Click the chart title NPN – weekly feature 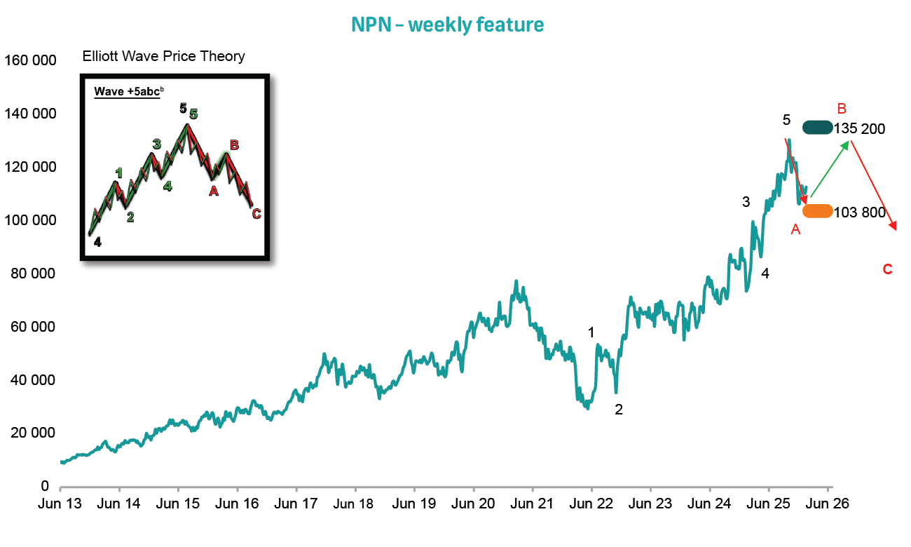447,25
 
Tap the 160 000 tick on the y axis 30,60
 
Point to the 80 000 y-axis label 33,273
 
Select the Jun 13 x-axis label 60,504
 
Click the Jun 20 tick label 473,504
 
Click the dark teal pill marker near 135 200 817,128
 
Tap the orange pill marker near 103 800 817,211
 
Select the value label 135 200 860,129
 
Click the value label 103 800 860,212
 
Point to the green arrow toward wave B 830,169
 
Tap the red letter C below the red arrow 887,269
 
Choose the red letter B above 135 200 842,109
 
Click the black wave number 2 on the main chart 619,410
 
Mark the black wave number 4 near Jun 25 765,273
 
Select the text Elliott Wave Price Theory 163,57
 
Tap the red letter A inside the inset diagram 214,190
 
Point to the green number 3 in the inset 156,144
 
